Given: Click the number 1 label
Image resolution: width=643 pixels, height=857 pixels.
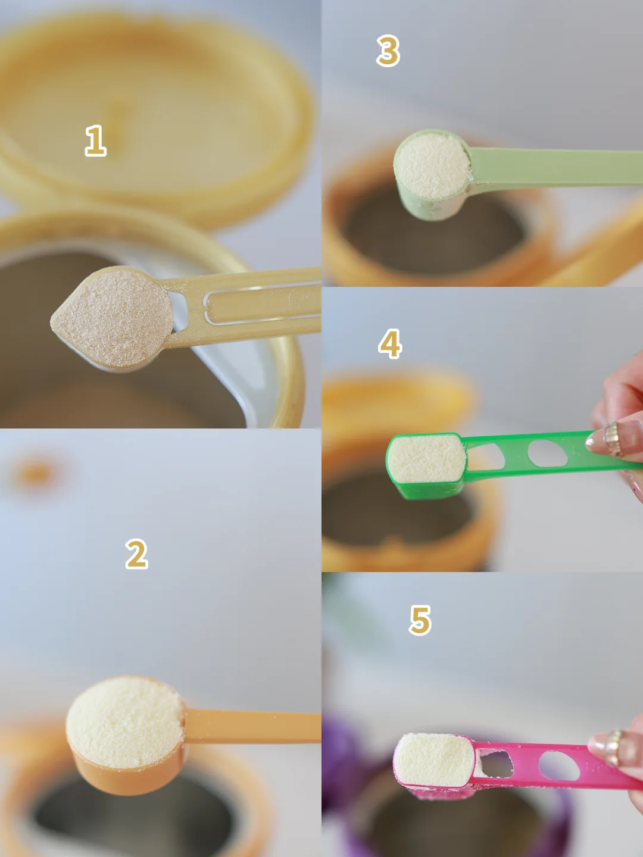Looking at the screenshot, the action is coord(96,140).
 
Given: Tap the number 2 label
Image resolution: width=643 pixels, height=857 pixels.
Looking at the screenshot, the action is coord(137,553).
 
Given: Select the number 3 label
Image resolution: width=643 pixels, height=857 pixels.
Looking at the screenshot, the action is coord(388,51).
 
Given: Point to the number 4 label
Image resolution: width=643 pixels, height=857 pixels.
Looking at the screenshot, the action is coord(390,343).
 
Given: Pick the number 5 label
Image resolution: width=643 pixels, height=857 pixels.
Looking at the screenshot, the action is coord(420,620).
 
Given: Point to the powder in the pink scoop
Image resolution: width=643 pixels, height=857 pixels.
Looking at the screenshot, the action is coord(434,760).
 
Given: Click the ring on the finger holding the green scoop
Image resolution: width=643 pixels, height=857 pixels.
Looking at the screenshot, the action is coord(612,438).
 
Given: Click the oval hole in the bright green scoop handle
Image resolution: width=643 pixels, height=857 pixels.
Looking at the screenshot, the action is coord(547,453).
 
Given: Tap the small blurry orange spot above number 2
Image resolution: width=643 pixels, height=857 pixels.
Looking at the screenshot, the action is coord(36,473).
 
